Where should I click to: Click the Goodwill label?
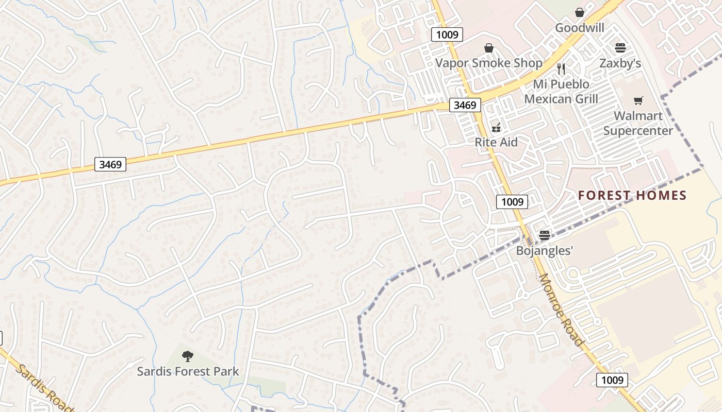tap(579, 28)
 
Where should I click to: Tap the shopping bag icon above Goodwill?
tap(580, 12)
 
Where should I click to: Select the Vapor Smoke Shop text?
tap(488, 63)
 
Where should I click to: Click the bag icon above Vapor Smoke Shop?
tap(489, 48)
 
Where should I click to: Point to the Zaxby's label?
tap(620, 63)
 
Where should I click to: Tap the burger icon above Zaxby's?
tap(620, 48)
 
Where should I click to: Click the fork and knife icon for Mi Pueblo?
tap(561, 68)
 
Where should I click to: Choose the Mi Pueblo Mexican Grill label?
tap(561, 91)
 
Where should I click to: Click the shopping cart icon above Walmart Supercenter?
tap(638, 100)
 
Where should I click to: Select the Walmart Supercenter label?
tap(638, 123)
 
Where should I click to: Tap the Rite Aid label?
tap(496, 142)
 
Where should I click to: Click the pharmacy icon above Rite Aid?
tap(496, 127)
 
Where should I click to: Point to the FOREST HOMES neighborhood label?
tap(632, 195)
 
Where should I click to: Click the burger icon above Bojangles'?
tap(545, 235)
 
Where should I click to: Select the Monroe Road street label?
tap(561, 309)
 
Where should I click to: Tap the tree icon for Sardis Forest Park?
tap(188, 355)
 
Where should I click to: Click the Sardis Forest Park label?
tap(188, 371)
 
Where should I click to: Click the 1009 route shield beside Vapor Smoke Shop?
tap(447, 35)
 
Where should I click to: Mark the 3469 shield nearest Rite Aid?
tap(465, 105)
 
